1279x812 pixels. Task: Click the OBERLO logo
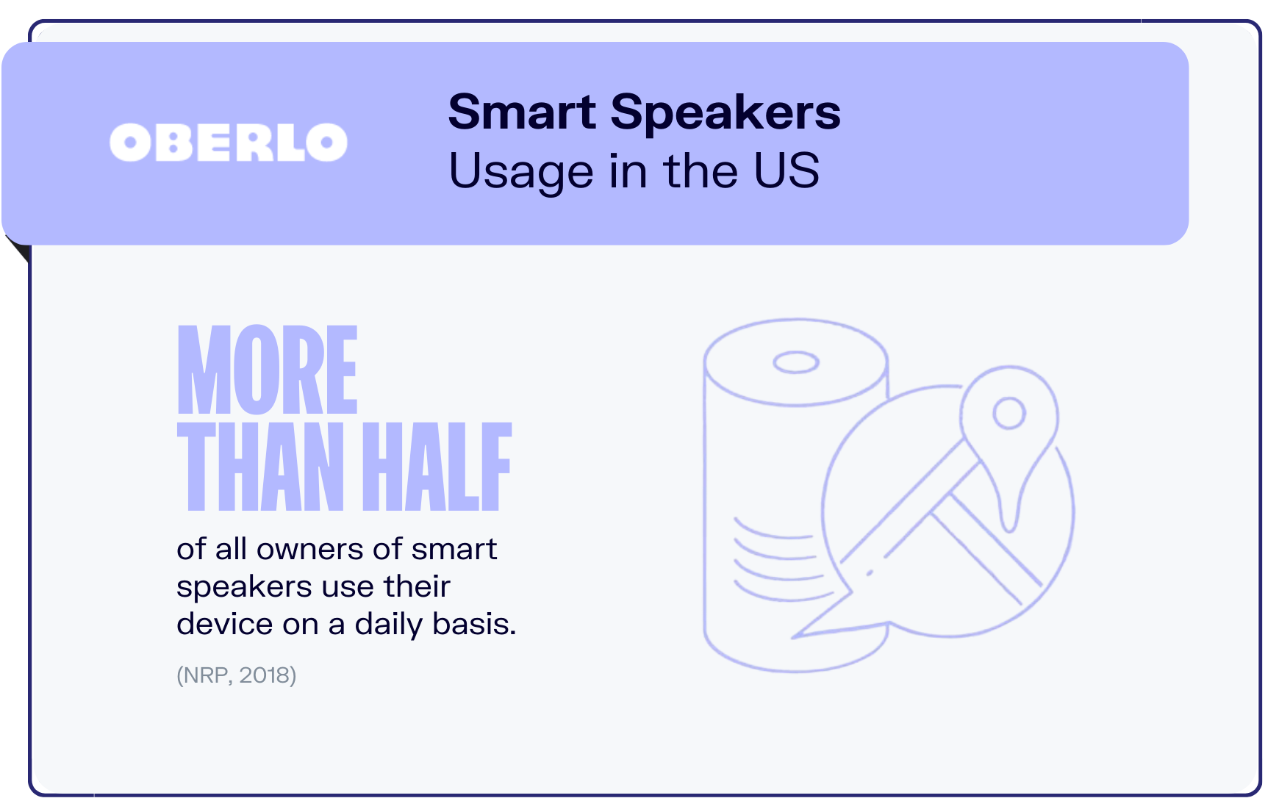229,143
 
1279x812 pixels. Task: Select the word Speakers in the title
726,114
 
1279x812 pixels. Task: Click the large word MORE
268,370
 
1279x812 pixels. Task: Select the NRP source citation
236,675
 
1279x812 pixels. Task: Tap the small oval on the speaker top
796,362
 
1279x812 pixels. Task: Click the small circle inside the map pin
1009,413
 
